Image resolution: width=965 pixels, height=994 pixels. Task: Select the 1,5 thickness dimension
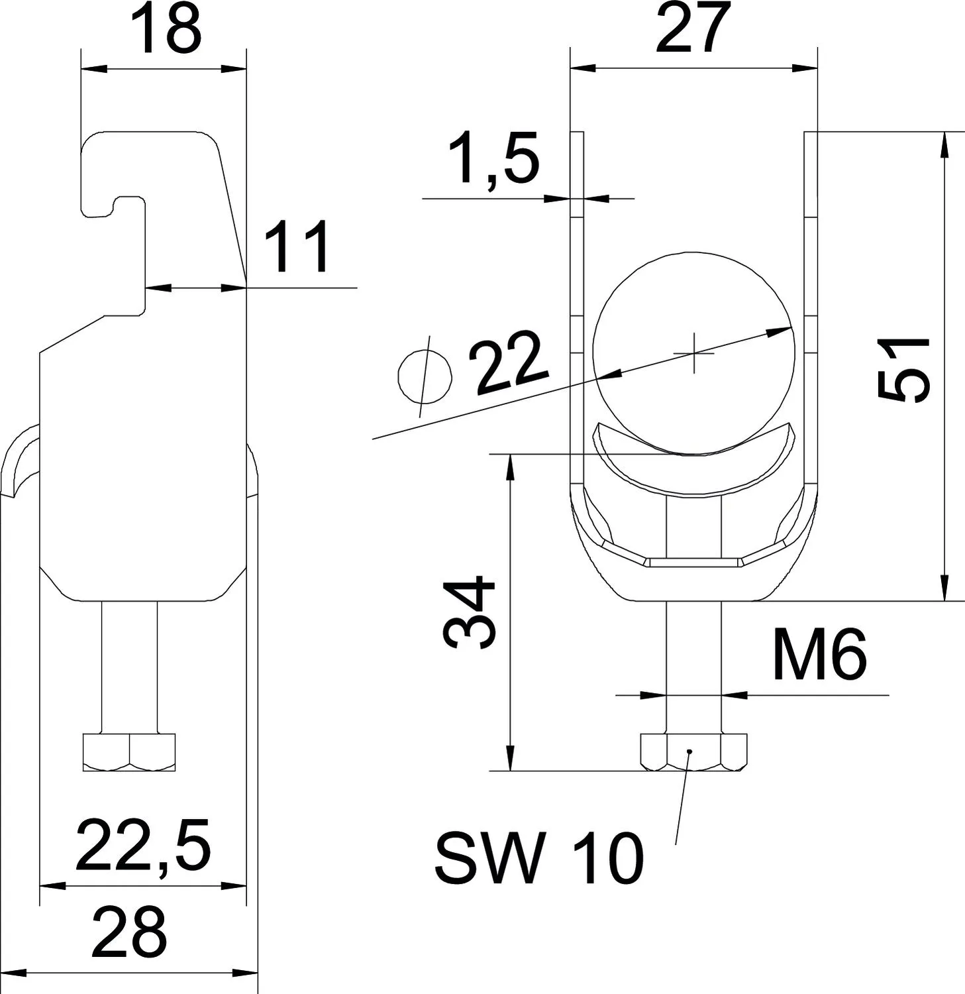[x=493, y=160]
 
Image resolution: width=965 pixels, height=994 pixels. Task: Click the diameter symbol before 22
[x=425, y=376]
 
